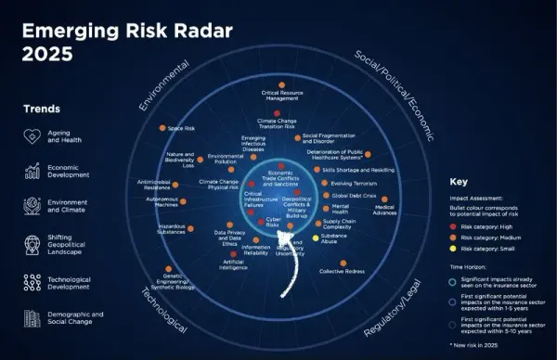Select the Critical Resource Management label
pos(279,96)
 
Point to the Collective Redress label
pos(345,271)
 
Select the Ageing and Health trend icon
pos(31,137)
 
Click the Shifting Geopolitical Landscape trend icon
pos(31,243)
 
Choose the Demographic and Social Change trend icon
pos(31,317)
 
